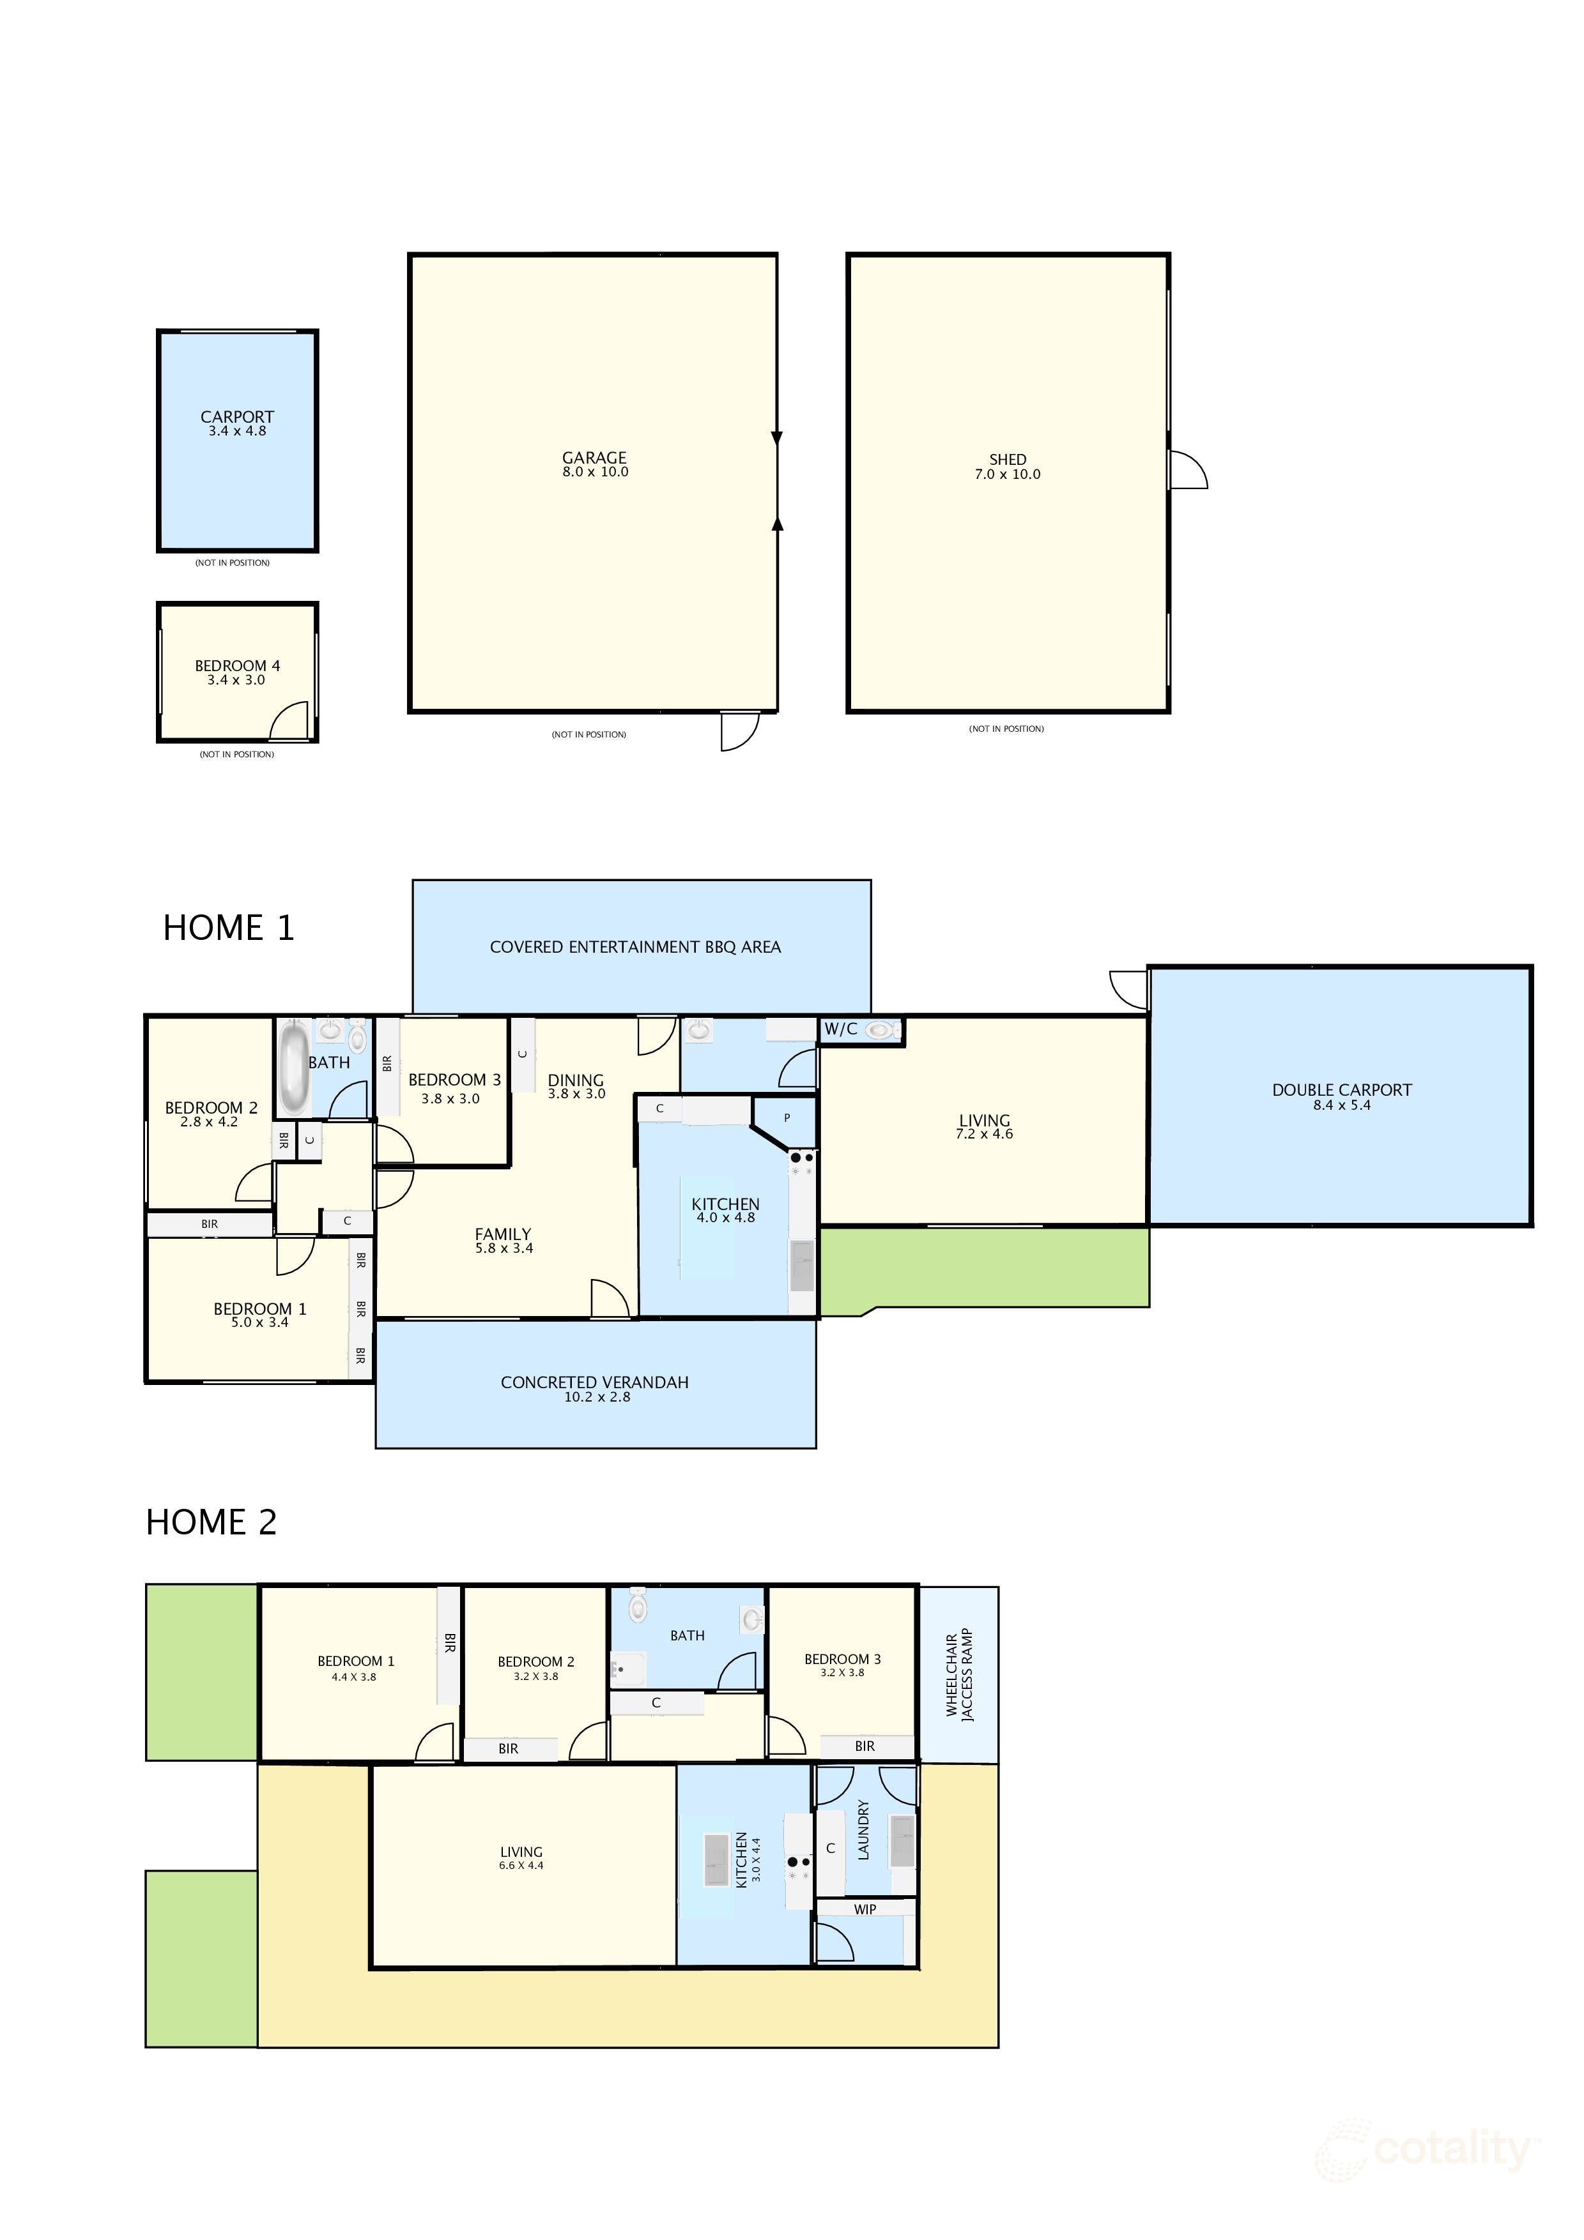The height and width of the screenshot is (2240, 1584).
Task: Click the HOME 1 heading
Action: tap(228, 928)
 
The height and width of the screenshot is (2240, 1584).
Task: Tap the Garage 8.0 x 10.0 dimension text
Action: tap(596, 472)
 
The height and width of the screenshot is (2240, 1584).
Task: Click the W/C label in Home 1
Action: tap(840, 1029)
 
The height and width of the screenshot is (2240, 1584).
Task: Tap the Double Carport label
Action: tap(1342, 1090)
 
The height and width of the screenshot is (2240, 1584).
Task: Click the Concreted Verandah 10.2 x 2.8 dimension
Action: tap(597, 1397)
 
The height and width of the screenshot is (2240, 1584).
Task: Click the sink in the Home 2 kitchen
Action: tap(716, 1859)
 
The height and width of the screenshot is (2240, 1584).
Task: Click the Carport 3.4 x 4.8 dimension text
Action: tap(237, 431)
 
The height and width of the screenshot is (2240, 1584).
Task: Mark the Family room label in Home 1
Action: tap(503, 1234)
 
